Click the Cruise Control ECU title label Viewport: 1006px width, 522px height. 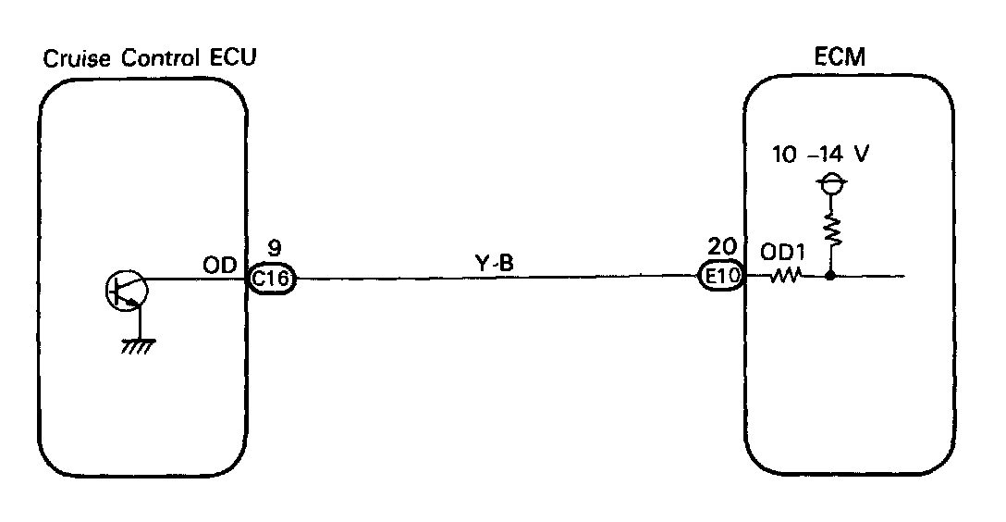[x=150, y=58]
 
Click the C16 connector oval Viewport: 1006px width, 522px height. [x=271, y=279]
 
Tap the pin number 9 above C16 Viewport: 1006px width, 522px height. [x=275, y=248]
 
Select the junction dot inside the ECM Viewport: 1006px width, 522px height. [x=830, y=276]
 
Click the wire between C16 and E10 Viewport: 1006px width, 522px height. [x=495, y=277]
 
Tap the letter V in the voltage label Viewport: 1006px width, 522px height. [x=861, y=155]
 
